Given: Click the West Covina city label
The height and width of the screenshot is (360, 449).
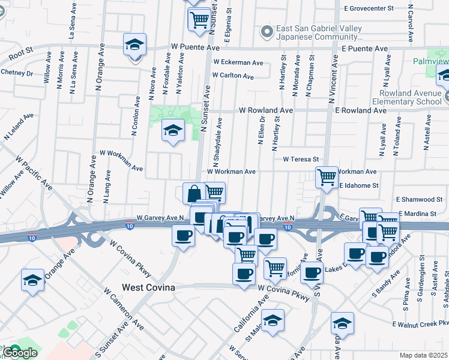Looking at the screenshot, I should coord(148,288).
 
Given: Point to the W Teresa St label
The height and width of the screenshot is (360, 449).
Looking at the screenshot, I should coord(300,159).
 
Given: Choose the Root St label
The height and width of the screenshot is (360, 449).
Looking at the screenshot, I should coord(20,56).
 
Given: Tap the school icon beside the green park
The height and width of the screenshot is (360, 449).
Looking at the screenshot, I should coord(172,130).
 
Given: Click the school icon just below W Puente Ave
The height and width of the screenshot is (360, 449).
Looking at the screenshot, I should coord(134,45).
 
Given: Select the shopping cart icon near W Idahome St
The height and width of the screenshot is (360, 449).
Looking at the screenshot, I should coord(327,176).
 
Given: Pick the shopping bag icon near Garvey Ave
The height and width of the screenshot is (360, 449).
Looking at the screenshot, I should coord(194,193).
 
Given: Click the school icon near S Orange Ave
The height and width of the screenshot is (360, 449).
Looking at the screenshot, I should coord(32,280).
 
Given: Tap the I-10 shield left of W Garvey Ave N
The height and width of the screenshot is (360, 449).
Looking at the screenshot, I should coord(130,226).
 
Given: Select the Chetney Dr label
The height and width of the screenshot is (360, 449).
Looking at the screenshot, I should coord(16,73).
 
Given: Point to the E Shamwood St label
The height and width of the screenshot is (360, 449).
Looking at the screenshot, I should coord(421,199).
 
